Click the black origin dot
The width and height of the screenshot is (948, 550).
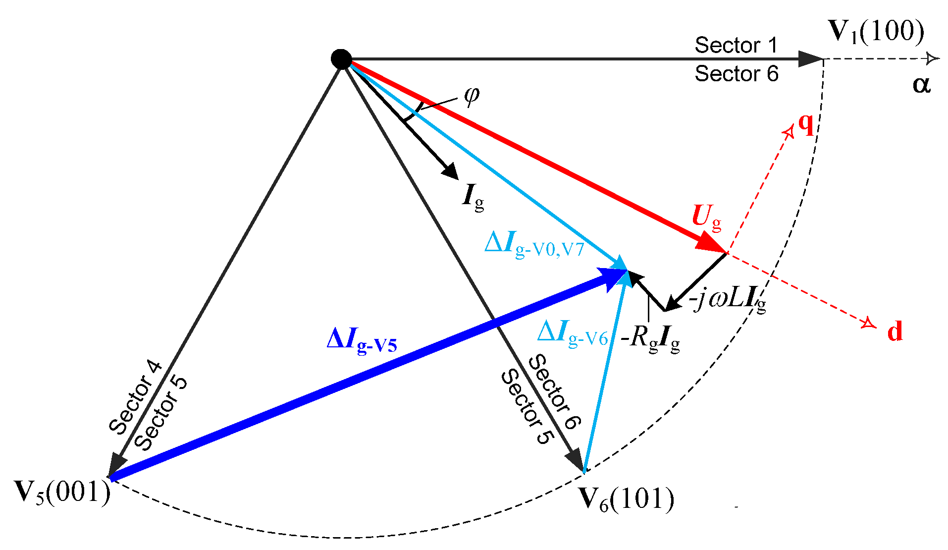(341, 59)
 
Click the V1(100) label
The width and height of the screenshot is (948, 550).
(876, 32)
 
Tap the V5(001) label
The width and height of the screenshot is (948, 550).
(62, 492)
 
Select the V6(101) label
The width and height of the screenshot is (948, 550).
(626, 498)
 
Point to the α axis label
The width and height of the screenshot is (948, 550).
(921, 84)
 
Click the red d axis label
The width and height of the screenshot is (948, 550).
(895, 331)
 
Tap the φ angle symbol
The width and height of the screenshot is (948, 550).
(472, 94)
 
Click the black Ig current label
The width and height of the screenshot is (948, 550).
(473, 196)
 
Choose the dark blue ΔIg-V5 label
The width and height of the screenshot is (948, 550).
(362, 341)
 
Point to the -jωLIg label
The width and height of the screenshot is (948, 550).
(727, 299)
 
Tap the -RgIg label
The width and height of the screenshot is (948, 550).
(650, 339)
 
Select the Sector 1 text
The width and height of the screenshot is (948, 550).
(736, 45)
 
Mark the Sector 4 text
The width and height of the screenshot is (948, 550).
(135, 397)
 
